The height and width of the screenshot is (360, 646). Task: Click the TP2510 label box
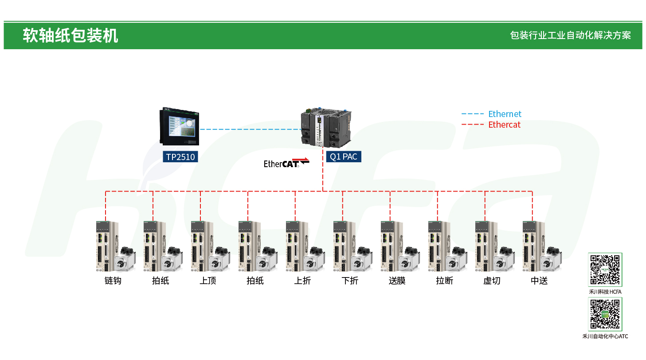(x=180, y=157)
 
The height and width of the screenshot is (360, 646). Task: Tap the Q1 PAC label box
(x=344, y=157)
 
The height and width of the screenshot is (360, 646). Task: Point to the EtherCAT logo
(x=286, y=163)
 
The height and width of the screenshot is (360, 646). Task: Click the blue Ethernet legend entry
(x=491, y=114)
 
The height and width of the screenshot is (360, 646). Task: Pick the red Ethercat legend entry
(x=491, y=125)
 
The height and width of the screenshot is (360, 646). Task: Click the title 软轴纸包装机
(x=70, y=35)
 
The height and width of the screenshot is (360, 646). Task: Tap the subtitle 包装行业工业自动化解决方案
(x=570, y=35)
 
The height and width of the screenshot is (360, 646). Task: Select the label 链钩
(x=113, y=281)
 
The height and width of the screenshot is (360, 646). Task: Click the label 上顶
(x=208, y=281)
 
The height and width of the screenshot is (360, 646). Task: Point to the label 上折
(x=302, y=281)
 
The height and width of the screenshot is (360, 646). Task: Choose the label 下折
(x=350, y=281)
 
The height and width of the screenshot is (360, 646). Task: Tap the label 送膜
(x=397, y=281)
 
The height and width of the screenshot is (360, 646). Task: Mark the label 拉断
(x=445, y=281)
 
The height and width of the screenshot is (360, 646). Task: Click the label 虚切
(x=492, y=281)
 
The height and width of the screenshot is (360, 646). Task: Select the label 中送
(x=539, y=281)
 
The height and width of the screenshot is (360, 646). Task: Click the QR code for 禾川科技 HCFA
(x=605, y=270)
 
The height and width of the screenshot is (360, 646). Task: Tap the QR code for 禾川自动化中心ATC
(x=605, y=314)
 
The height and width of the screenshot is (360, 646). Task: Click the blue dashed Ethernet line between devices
(x=251, y=129)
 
